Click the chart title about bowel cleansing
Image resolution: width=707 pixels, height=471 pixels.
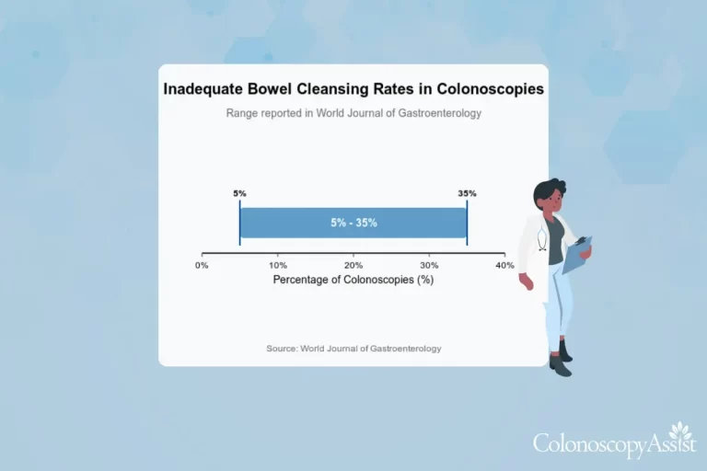[x=353, y=89]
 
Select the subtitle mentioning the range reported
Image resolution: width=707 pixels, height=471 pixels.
[x=353, y=113]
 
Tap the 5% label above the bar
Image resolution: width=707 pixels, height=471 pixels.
[x=239, y=193]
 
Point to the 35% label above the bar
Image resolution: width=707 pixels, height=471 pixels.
[x=467, y=193]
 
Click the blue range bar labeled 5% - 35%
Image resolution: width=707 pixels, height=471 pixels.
[x=353, y=223]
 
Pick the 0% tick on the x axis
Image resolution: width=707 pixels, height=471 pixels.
[x=203, y=265]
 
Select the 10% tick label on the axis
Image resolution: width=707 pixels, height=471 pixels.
[x=278, y=265]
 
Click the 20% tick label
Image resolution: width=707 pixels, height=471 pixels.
[x=353, y=265]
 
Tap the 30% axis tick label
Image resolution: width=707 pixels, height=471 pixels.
[x=429, y=265]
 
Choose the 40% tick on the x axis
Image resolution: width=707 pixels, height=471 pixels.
[x=504, y=265]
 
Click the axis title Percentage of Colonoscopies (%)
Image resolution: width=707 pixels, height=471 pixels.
[x=353, y=279]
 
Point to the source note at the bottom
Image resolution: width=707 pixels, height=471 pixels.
[x=353, y=349]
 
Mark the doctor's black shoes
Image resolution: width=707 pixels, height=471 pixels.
[x=560, y=362]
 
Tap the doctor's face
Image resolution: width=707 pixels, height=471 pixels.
[x=555, y=204]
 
